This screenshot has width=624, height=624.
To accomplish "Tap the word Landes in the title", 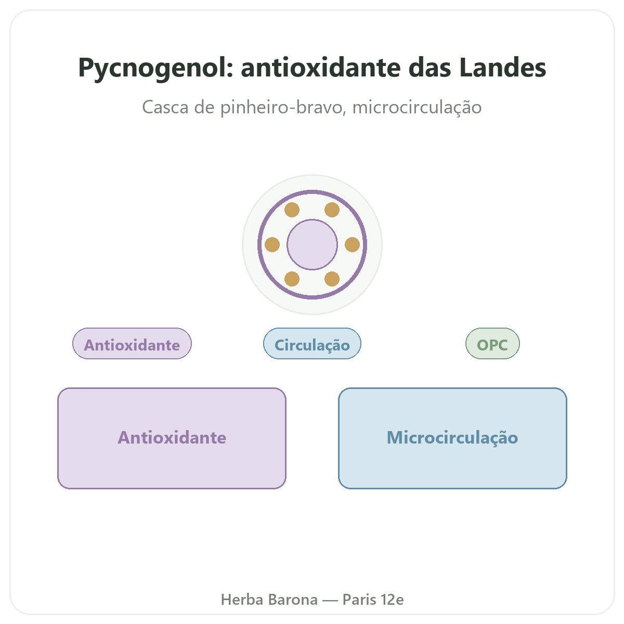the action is (502, 68).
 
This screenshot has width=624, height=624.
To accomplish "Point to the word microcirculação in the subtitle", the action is (417, 108).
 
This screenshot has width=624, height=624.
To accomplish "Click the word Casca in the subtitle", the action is (165, 107).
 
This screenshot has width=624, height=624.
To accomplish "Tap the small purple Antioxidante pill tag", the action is (132, 343).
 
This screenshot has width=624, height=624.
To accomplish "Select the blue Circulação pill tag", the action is (312, 343).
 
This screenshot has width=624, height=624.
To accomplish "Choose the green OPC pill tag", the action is (492, 343).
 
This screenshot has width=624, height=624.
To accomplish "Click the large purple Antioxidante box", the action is (172, 438).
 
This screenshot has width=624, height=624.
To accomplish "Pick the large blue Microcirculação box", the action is (452, 438).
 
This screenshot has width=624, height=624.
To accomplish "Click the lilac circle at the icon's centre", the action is (312, 244).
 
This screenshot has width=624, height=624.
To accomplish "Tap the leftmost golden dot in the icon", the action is (272, 244).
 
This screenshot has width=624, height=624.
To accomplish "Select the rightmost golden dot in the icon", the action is (353, 244).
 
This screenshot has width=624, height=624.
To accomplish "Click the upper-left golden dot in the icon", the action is (292, 210).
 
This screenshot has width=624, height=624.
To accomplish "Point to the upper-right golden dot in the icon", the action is (332, 210).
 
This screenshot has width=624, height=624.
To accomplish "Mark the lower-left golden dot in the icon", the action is (292, 279).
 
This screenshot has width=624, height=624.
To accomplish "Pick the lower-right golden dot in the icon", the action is (332, 279).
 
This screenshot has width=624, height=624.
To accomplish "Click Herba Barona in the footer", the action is (269, 600).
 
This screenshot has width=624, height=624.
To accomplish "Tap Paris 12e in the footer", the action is (373, 600).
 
